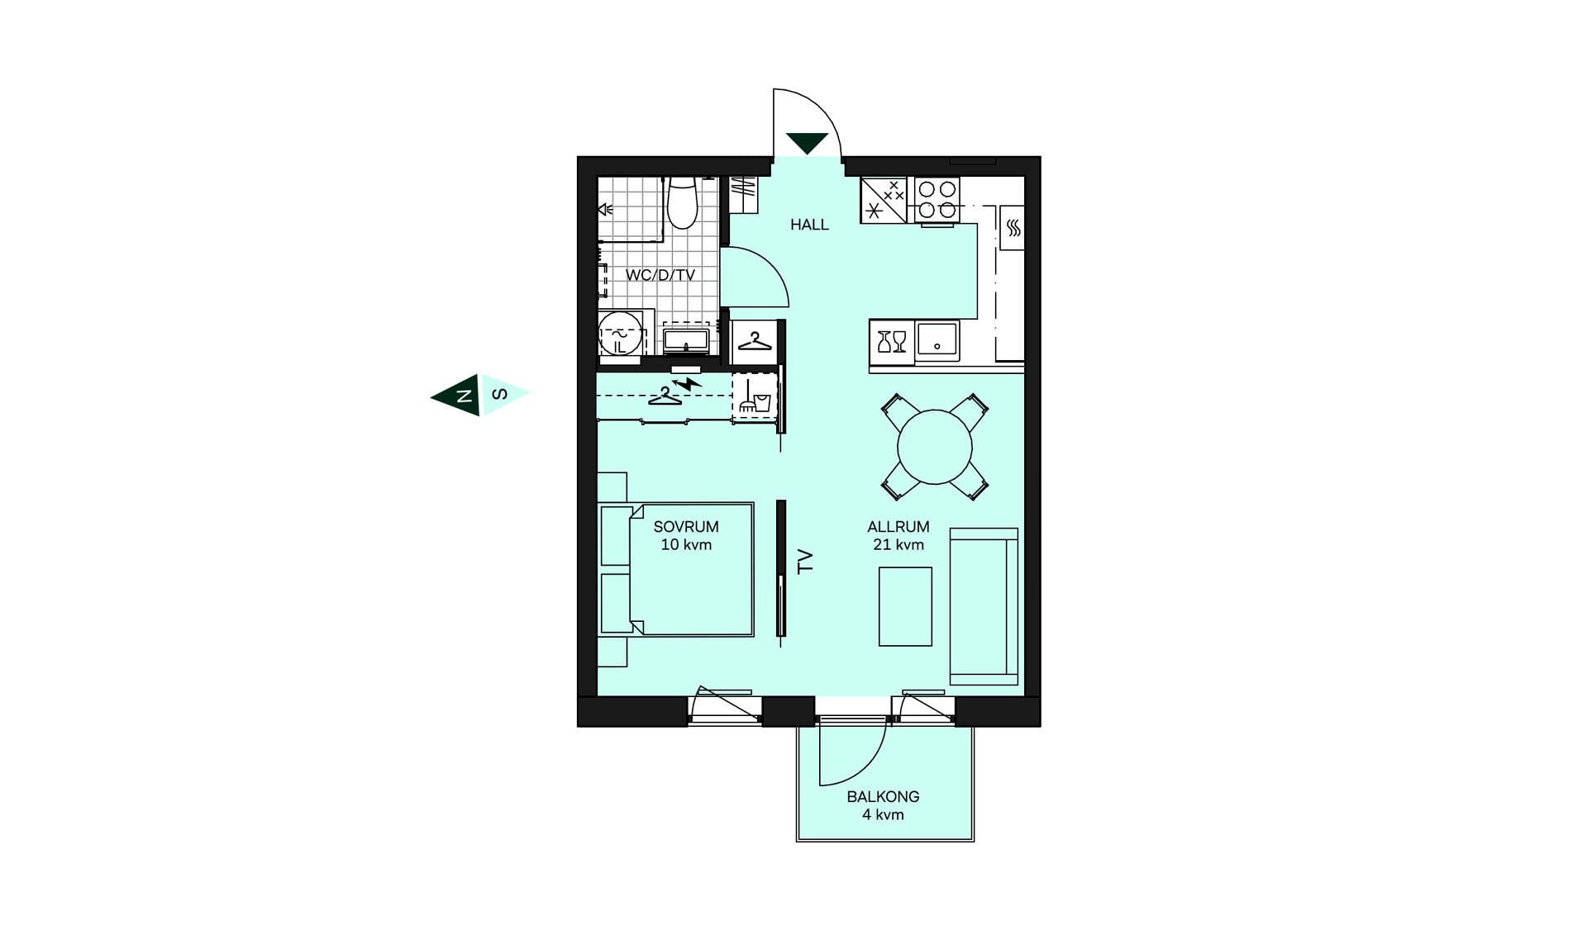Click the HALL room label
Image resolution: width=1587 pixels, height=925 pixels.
coord(809,225)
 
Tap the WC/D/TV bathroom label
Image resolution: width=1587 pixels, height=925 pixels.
coord(660,275)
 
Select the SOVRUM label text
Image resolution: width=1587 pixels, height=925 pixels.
coord(686,527)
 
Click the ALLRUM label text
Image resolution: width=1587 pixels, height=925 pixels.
coord(898,527)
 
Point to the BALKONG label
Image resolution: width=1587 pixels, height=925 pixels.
coord(883,797)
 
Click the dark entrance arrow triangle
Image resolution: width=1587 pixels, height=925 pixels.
coord(807,142)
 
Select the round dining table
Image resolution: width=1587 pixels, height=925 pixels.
coord(935,447)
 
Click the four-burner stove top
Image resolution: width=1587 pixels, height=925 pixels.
coord(937,200)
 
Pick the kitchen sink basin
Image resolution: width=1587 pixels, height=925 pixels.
coord(937,339)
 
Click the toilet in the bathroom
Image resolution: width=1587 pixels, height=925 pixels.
coord(683,202)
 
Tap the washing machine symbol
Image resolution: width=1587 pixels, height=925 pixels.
coord(620,334)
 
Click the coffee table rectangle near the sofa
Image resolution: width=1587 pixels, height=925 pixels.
coord(905,606)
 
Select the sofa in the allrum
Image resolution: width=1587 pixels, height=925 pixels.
coord(984,606)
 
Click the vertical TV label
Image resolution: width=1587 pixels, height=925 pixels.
coord(805,562)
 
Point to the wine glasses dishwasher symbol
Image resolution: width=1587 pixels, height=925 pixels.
coord(892,342)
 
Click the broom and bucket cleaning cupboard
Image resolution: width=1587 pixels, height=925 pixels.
coord(755,396)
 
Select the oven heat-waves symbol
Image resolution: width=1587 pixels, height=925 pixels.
coord(1013,228)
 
